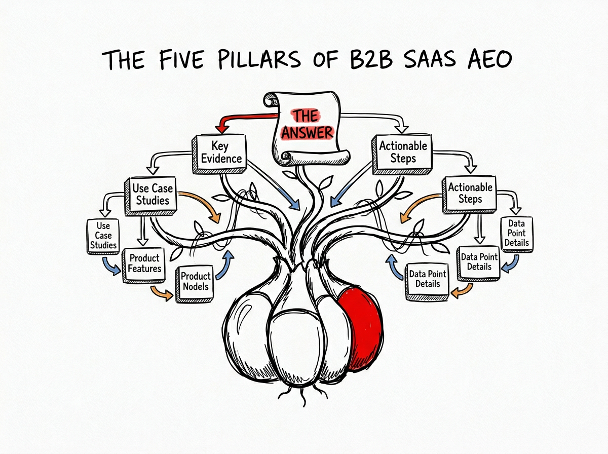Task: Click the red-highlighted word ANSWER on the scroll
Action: coord(307,133)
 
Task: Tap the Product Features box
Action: coord(144,263)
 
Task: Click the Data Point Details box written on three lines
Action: coord(516,233)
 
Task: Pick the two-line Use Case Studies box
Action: coord(152,194)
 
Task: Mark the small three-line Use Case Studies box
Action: coord(103,235)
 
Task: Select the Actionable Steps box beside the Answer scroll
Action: coord(403,152)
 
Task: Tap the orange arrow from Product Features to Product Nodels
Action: coord(161,293)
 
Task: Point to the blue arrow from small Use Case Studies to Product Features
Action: coord(111,264)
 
